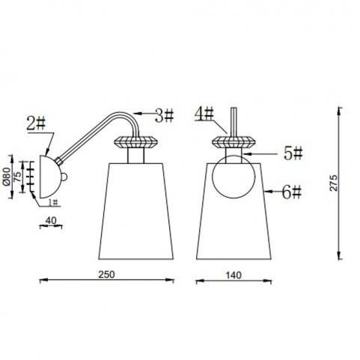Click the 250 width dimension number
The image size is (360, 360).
(x=106, y=275)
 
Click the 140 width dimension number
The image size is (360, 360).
(x=234, y=275)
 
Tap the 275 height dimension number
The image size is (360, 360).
(x=334, y=183)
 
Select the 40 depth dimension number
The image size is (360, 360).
(x=51, y=221)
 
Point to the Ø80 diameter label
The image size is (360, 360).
(x=7, y=177)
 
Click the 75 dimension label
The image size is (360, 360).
(x=18, y=177)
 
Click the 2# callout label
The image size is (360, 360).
(x=36, y=124)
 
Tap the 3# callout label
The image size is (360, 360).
(x=164, y=116)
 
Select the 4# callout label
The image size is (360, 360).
(x=204, y=114)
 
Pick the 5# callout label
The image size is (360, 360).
(x=293, y=153)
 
